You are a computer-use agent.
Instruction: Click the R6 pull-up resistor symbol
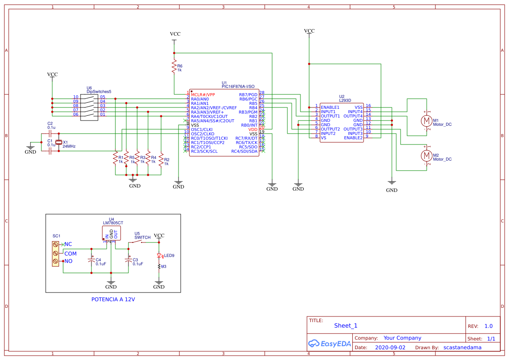coord(174,67)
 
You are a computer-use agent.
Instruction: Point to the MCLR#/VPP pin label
coord(203,94)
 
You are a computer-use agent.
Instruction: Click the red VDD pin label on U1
coord(253,129)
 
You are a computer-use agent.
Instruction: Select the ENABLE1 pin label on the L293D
coord(330,107)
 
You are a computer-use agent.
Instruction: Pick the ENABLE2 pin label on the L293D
coord(353,138)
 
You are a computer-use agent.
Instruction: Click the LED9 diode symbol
coord(159,256)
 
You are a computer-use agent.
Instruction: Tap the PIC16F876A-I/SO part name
coord(238,87)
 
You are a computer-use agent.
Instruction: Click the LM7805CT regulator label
coord(113,223)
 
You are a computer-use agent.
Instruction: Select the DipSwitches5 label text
coord(99,92)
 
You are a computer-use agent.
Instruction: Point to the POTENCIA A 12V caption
coord(113,299)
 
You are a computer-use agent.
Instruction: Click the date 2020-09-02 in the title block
coord(390,347)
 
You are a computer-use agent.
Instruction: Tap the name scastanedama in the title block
coord(462,347)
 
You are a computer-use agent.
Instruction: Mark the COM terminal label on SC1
coord(71,253)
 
